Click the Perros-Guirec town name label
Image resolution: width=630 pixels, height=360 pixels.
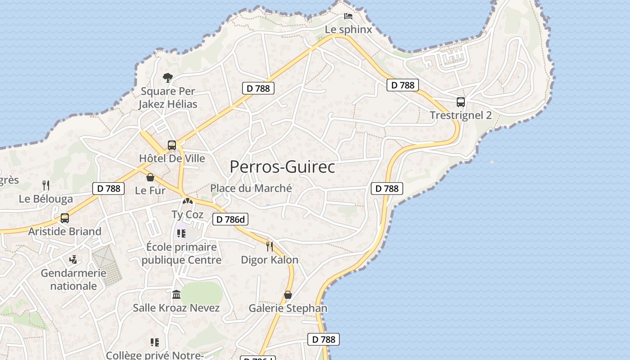pos(282,167)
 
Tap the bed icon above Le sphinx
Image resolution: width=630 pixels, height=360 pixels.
pos(348,17)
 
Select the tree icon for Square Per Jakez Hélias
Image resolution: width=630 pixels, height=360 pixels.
pos(168,78)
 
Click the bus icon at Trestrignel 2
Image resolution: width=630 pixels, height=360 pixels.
pos(461,102)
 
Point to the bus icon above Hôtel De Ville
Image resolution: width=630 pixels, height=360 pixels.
pos(172,145)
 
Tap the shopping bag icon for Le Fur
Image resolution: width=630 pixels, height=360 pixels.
pos(150,177)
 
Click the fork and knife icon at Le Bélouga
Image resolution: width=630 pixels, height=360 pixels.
pos(45,185)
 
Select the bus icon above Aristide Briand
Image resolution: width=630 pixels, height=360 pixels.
pos(65,218)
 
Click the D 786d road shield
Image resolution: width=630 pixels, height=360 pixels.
pos(230,219)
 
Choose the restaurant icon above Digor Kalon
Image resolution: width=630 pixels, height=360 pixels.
pos(270,246)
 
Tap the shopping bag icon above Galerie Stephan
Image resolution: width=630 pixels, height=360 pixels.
pos(288,295)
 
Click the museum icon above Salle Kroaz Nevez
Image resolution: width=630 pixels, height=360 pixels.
pos(176,295)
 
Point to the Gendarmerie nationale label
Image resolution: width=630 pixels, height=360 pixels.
pos(73,279)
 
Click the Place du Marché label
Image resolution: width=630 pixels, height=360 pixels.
pos(251,188)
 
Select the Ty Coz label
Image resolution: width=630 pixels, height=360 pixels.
pos(188,215)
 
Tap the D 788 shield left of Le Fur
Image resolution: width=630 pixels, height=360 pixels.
pos(108,189)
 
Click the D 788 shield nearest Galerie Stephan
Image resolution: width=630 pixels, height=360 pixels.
pos(323,339)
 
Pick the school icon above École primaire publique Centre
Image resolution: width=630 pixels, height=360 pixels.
pos(181,234)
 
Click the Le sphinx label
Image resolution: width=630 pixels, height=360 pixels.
pos(349,30)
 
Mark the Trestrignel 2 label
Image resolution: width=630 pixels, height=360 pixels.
pos(461,115)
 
